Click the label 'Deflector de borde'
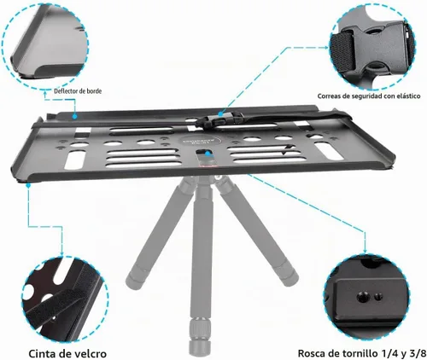pyautogui.click(x=78, y=91)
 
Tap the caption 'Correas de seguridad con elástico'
pyautogui.click(x=369, y=96)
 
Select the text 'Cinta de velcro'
pyautogui.click(x=67, y=354)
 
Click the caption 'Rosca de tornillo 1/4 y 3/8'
pyautogui.click(x=362, y=353)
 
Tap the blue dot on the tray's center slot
pyautogui.click(x=208, y=154)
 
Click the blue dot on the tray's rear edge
pyautogui.click(x=74, y=116)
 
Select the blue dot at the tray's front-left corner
pyautogui.click(x=28, y=185)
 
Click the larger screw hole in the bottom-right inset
pyautogui.click(x=362, y=298)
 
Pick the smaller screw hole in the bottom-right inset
pyautogui.click(x=378, y=297)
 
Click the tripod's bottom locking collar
pyautogui.click(x=200, y=326)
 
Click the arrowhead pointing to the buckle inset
pyautogui.click(x=327, y=48)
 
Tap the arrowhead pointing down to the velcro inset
pyautogui.click(x=61, y=253)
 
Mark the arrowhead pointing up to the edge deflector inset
pyautogui.click(x=44, y=91)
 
